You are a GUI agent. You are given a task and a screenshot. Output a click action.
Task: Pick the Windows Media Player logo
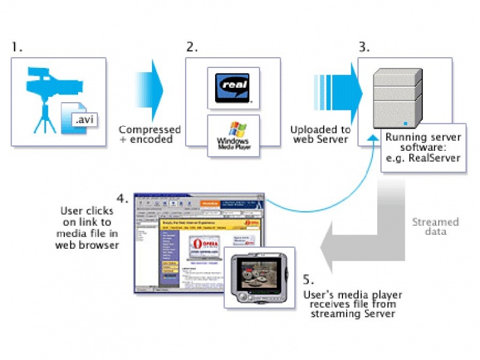pyautogui.click(x=232, y=136)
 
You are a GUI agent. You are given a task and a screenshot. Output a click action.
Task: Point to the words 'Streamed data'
pyautogui.click(x=435, y=227)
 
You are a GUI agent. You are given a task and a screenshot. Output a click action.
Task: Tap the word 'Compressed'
pyautogui.click(x=149, y=130)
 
